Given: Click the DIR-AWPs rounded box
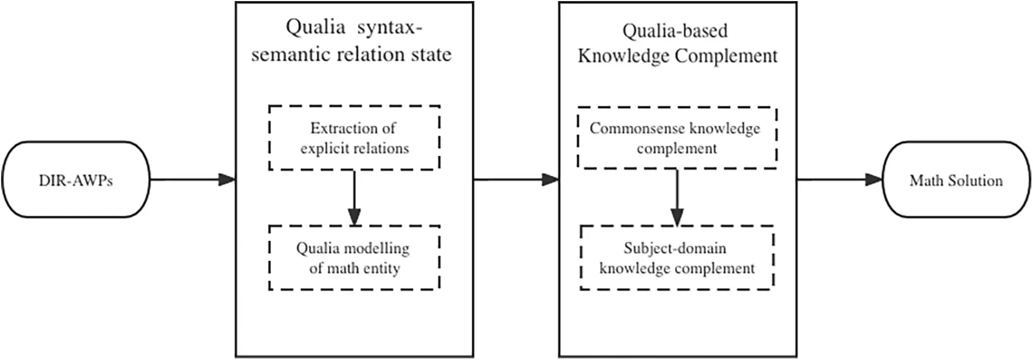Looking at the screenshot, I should pyautogui.click(x=75, y=179).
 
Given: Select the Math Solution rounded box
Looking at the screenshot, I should pyautogui.click(x=956, y=179).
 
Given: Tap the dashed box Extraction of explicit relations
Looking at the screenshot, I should pyautogui.click(x=354, y=138).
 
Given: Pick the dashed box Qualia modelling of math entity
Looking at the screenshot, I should pyautogui.click(x=354, y=258).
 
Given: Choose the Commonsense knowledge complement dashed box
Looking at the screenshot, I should pyautogui.click(x=677, y=138).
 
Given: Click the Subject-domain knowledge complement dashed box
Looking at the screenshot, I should pyautogui.click(x=677, y=258).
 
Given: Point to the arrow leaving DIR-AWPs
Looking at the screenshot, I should pyautogui.click(x=193, y=179).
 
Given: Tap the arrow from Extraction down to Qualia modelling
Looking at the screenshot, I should pyautogui.click(x=354, y=197).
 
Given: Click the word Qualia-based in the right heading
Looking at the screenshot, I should pyautogui.click(x=675, y=31).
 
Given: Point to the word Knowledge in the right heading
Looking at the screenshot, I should pyautogui.click(x=623, y=56).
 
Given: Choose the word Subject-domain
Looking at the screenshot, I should pyautogui.click(x=675, y=248).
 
